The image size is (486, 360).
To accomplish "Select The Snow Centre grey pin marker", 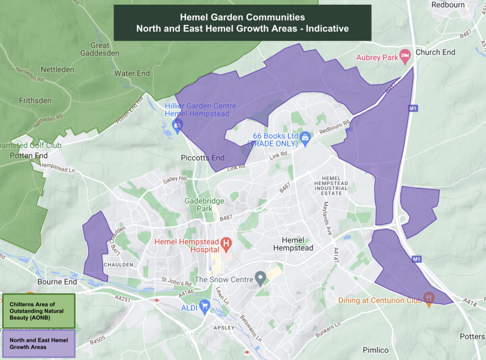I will pos(260,277).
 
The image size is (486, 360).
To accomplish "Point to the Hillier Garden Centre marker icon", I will pos(178,124).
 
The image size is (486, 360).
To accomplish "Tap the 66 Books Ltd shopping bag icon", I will pos(306,137).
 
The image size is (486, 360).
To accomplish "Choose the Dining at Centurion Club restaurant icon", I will pos(429,298).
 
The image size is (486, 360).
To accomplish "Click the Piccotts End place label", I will pos(202,157).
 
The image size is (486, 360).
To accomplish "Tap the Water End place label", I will pos(132,74).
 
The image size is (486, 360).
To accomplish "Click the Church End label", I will pos(435,52).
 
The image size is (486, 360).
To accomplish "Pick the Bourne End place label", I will pos(57,282).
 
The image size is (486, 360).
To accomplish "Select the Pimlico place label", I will pos(375,350).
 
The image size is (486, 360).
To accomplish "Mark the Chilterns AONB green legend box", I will pos(38,311).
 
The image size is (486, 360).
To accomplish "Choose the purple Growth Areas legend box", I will pos(38,344).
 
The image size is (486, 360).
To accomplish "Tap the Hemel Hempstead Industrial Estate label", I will pos(331,185).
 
